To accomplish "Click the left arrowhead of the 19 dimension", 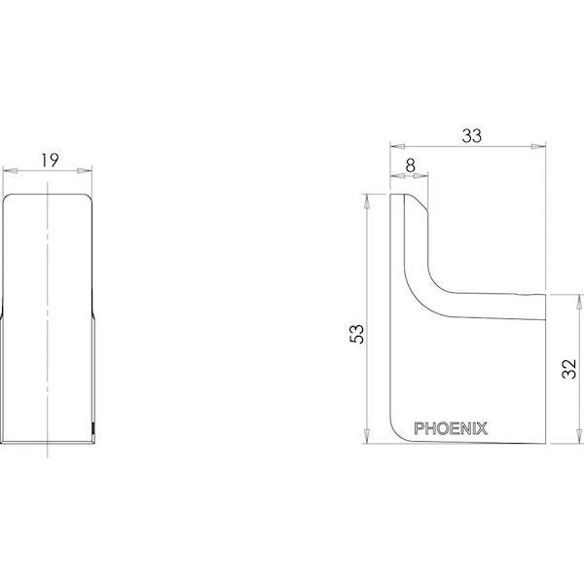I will (9, 171).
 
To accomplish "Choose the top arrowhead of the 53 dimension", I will (367, 200).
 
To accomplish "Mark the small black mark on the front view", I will (93, 426).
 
